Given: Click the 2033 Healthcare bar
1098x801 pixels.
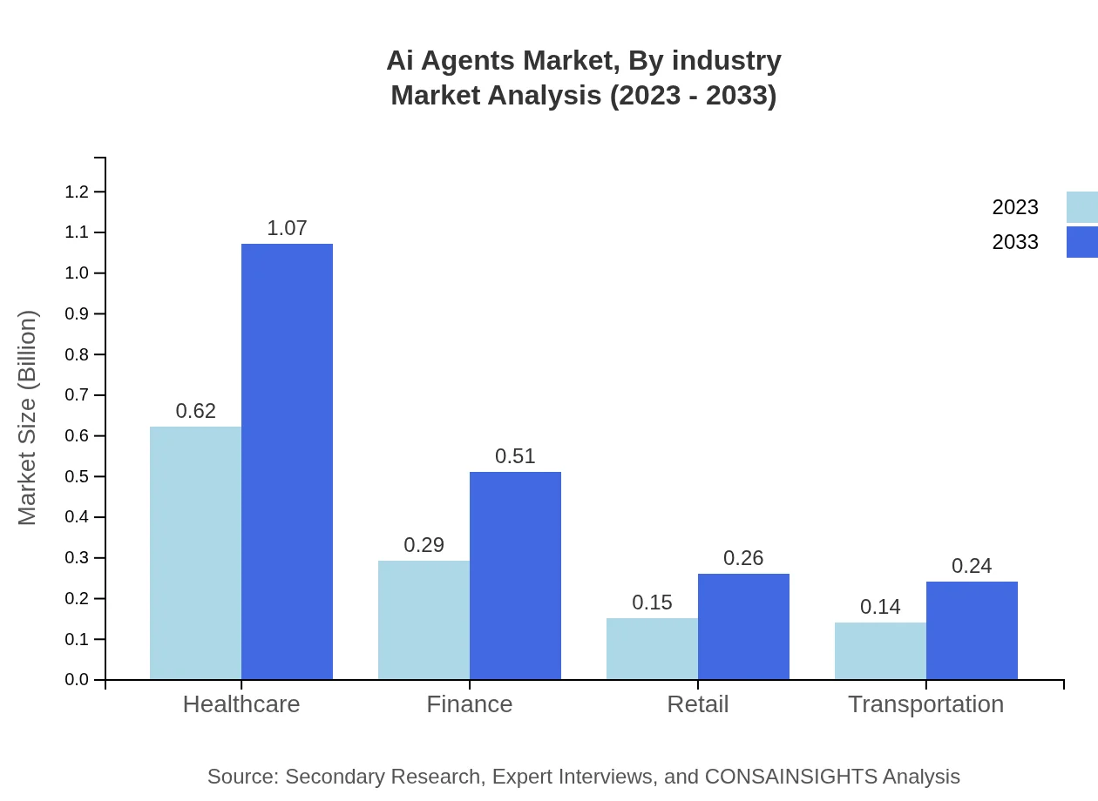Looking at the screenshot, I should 287,461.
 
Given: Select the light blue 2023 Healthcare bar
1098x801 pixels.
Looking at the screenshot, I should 195,553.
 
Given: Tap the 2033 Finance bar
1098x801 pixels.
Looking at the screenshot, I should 515,576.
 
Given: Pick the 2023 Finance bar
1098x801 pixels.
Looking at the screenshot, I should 424,620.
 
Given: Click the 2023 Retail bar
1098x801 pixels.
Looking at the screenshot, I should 652,649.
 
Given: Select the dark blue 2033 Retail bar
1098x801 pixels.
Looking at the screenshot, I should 743,627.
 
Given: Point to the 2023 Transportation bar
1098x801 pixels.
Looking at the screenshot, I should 880,650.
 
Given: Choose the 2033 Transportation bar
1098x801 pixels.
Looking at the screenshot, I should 972,630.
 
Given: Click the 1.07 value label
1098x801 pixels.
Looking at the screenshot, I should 287,228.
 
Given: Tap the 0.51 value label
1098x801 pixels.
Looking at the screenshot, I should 515,456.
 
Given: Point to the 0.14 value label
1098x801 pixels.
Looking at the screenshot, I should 880,607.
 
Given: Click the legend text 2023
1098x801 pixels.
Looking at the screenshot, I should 1015,207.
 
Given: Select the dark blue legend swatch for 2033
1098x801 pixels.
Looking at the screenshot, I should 1081,242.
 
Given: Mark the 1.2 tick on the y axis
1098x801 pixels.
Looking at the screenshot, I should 78,192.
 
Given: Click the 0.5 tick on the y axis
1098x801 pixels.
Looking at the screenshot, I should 78,476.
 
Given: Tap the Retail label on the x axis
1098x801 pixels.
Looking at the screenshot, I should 697,703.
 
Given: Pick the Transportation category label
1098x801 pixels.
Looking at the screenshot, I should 925,703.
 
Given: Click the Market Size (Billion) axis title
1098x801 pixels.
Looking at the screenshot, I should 28,418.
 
